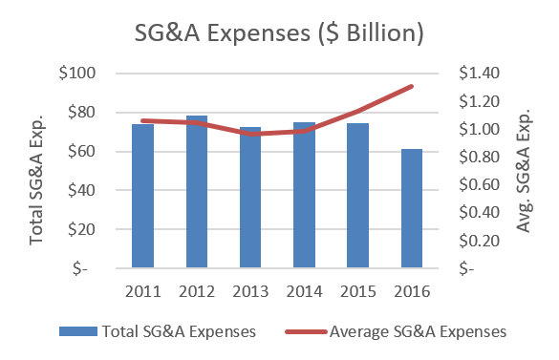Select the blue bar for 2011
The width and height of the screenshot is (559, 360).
coord(142,196)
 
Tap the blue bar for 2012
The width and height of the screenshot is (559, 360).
coord(197,192)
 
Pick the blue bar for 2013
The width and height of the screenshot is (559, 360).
coord(250,198)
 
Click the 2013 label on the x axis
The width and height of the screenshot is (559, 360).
coord(250,289)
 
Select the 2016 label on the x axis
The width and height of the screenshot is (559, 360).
coord(412,289)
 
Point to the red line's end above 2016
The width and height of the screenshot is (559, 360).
coord(413,87)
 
